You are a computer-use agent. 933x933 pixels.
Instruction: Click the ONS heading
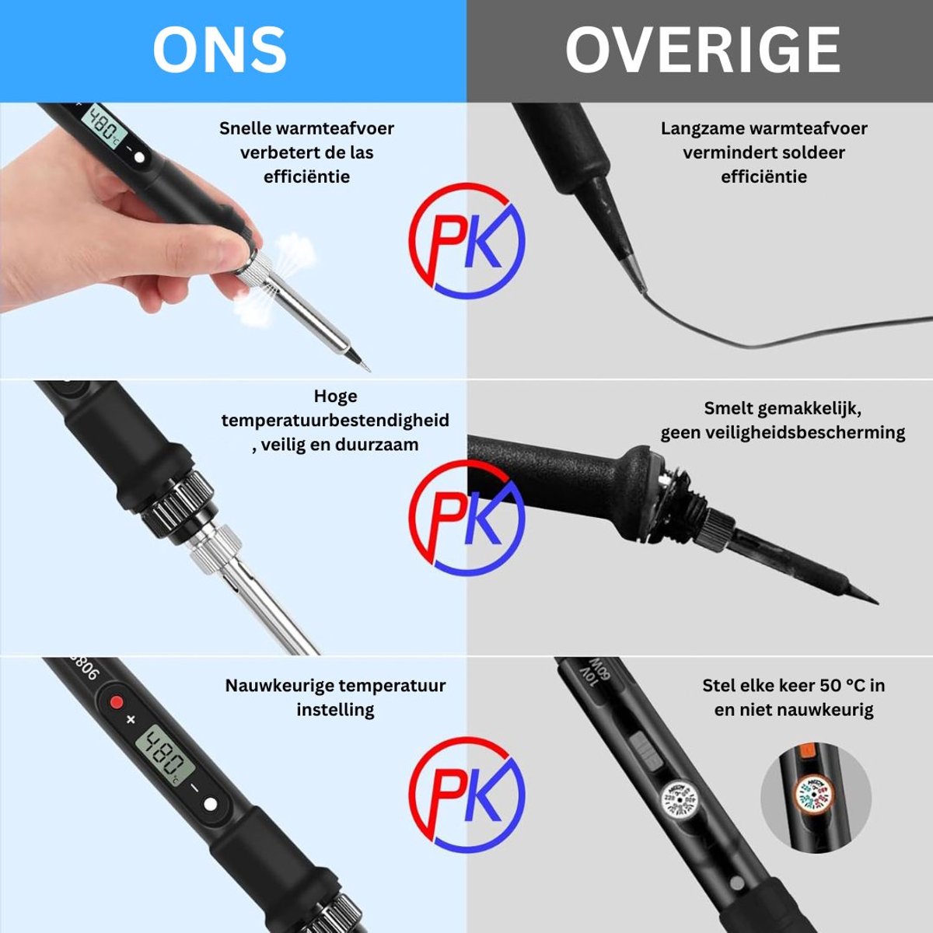click(219, 50)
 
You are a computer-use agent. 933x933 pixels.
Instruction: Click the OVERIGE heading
click(703, 50)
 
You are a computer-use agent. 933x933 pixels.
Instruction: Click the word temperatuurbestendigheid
click(336, 420)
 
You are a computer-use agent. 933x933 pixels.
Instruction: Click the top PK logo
click(466, 240)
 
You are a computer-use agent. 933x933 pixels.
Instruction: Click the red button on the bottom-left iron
click(116, 702)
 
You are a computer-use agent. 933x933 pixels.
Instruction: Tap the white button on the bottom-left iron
click(210, 804)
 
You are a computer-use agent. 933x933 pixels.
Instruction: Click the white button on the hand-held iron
click(139, 158)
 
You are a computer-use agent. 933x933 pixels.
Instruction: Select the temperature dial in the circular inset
click(816, 796)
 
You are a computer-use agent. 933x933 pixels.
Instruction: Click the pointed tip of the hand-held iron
click(369, 371)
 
